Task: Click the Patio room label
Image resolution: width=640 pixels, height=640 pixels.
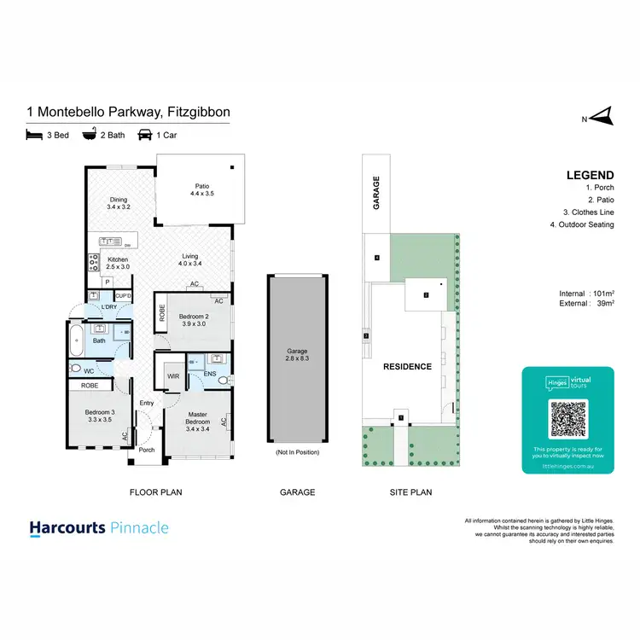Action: coord(201,189)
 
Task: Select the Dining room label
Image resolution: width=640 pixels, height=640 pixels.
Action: coord(118,203)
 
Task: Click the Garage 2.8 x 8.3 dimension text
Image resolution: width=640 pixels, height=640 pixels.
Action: coord(298,356)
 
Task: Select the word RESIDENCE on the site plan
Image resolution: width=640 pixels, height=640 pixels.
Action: coord(406,366)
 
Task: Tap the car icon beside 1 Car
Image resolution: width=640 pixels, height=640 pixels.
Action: coord(145,135)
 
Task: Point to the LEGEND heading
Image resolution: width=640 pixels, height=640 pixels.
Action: coord(590,176)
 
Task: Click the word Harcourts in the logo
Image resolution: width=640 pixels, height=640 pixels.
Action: coord(68,528)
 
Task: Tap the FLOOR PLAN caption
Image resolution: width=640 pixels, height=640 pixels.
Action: coord(155,492)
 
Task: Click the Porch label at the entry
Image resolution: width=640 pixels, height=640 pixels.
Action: coord(147,450)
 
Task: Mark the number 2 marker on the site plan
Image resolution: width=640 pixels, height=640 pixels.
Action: coord(425,296)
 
